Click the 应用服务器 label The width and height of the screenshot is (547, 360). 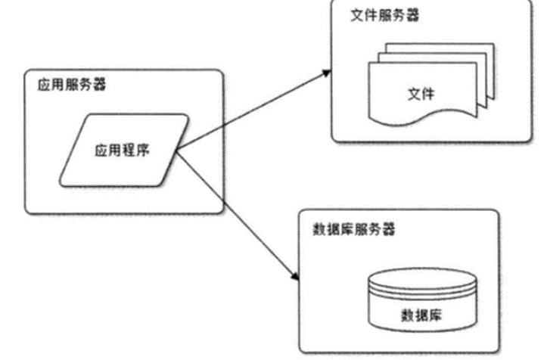[72, 84]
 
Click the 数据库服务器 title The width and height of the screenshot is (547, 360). [353, 228]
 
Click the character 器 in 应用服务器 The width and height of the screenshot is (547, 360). [100, 84]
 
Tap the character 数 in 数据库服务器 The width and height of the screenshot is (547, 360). [318, 228]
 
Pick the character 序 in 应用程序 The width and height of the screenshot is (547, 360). [143, 151]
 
